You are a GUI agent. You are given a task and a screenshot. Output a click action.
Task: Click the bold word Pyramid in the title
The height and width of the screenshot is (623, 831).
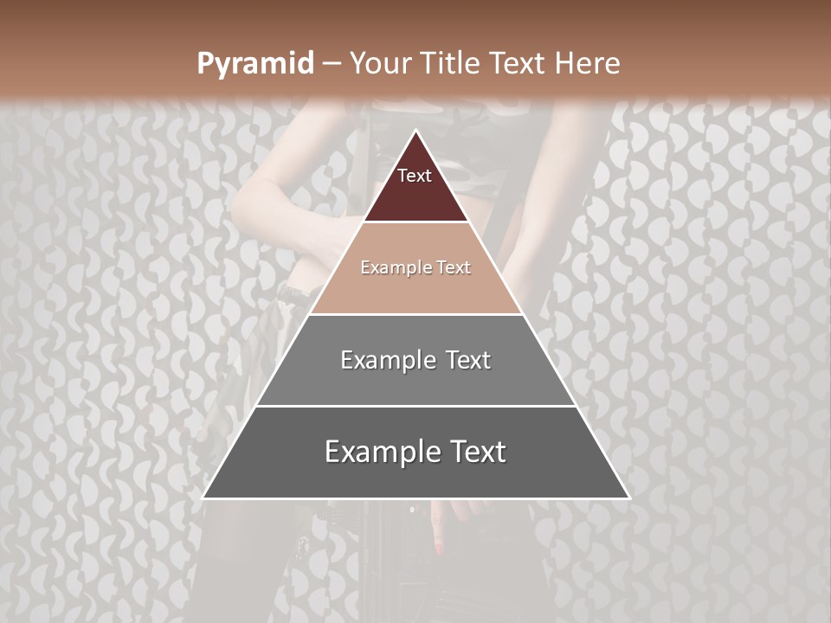click(x=254, y=64)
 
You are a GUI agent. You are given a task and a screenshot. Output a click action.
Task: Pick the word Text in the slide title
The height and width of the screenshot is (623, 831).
click(x=517, y=64)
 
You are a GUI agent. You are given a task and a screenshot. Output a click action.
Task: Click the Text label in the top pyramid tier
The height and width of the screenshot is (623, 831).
click(x=415, y=176)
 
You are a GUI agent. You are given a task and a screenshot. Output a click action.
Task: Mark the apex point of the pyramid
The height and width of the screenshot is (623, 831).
click(x=415, y=131)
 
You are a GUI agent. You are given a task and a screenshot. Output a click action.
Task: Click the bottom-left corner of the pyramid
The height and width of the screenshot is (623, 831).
click(x=203, y=498)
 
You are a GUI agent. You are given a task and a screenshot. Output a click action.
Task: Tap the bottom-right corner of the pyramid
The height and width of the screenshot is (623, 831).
click(x=628, y=498)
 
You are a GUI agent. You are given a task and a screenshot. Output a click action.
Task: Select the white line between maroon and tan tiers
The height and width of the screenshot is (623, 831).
click(x=415, y=222)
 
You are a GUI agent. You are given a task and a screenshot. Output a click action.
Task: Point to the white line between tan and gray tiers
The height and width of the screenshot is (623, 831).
click(x=415, y=314)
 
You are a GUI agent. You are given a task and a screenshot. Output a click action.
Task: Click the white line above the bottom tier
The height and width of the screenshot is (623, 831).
click(x=415, y=406)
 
